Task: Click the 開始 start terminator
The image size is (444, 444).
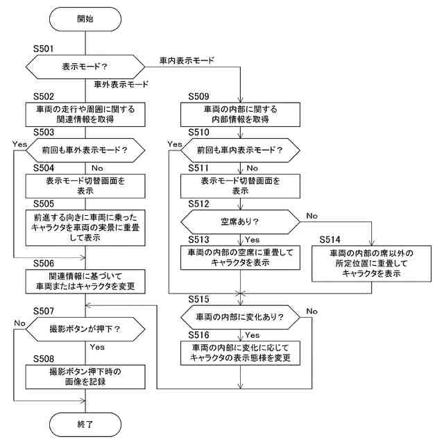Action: point(85,19)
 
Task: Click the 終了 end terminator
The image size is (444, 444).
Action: point(85,422)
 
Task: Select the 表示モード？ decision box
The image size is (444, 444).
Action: point(85,68)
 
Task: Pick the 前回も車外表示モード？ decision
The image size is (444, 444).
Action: point(85,150)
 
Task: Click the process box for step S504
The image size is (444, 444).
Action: point(85,185)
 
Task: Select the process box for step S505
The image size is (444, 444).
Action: point(85,228)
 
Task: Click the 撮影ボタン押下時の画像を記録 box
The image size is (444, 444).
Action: point(85,376)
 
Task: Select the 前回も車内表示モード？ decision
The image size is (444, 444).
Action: point(241,150)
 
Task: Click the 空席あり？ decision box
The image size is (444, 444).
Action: point(241,221)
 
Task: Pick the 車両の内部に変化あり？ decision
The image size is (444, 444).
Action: point(241,316)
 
